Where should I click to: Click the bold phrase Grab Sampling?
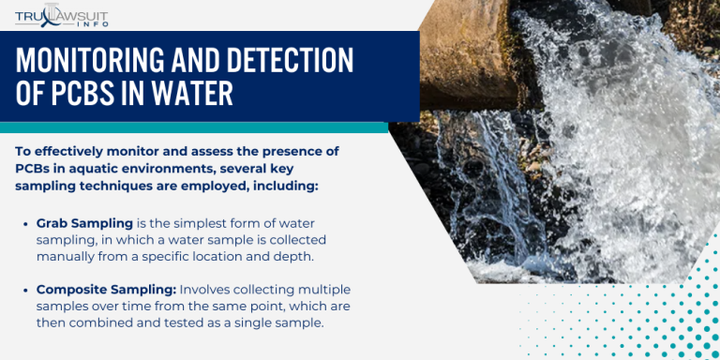(80, 224)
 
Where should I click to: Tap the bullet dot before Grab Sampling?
(24, 224)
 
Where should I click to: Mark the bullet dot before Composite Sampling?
(24, 290)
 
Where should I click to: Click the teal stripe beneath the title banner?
(187, 127)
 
